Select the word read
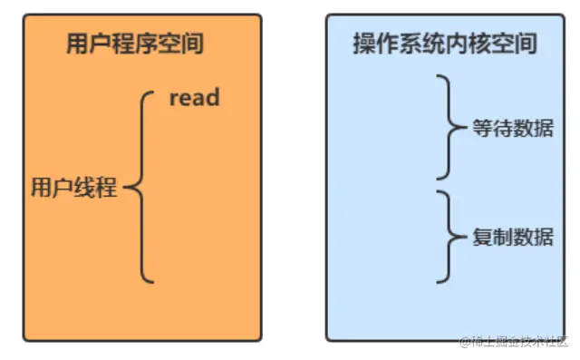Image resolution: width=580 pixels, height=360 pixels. click(195, 97)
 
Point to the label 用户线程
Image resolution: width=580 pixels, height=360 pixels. click(74, 189)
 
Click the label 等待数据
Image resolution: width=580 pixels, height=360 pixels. click(513, 129)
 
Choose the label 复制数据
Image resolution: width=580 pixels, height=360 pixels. click(513, 237)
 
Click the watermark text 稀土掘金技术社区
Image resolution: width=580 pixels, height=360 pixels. click(514, 342)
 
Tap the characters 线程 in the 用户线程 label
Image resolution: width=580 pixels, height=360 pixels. click(96, 189)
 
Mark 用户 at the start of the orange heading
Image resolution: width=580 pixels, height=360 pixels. click(86, 44)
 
